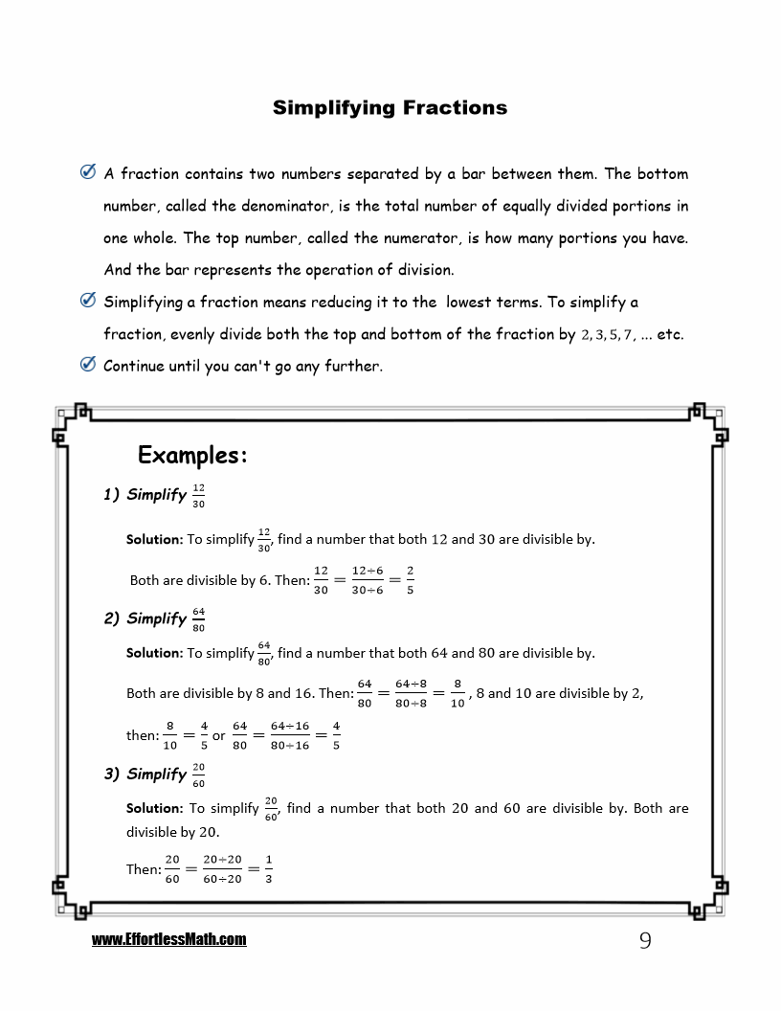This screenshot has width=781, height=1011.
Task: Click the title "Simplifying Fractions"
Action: pyautogui.click(x=390, y=107)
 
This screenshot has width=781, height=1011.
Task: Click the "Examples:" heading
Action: pyautogui.click(x=192, y=455)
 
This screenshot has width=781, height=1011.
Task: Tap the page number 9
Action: pyautogui.click(x=644, y=941)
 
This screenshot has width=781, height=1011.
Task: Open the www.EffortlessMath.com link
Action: pyautogui.click(x=168, y=940)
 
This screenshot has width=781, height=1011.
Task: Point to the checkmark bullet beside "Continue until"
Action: pyautogui.click(x=87, y=364)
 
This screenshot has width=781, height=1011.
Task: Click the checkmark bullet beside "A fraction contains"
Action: pyautogui.click(x=87, y=172)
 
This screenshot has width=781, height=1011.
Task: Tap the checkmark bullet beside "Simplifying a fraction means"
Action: pyautogui.click(x=87, y=301)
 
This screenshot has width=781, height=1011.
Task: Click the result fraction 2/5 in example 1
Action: pyautogui.click(x=410, y=580)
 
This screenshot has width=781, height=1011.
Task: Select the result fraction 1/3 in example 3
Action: pyautogui.click(x=268, y=869)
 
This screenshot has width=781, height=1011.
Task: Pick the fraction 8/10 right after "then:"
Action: pyautogui.click(x=169, y=735)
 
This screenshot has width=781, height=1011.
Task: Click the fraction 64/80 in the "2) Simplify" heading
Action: pyautogui.click(x=198, y=619)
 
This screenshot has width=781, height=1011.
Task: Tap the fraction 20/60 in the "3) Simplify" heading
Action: pyautogui.click(x=198, y=775)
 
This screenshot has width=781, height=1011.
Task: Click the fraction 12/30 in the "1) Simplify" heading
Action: pyautogui.click(x=198, y=495)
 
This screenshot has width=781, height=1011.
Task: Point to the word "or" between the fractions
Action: pyautogui.click(x=218, y=736)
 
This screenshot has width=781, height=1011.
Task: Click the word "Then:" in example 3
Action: pyautogui.click(x=144, y=869)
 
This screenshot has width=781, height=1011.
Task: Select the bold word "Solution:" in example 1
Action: pyautogui.click(x=154, y=539)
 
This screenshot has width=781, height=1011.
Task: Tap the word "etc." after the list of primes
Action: pyautogui.click(x=670, y=334)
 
